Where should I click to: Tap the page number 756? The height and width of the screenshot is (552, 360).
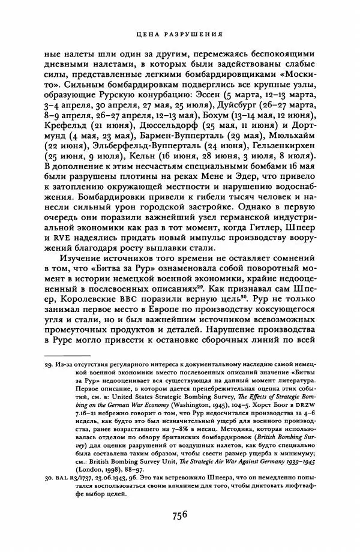click(x=179, y=515)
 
